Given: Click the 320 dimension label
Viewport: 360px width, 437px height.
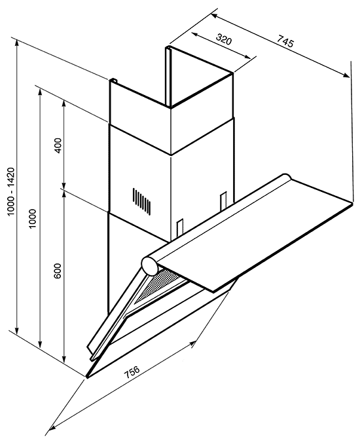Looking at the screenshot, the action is [224, 39].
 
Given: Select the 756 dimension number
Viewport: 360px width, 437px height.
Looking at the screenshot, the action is [132, 371].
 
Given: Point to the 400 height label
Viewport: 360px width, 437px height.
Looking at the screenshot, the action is [58, 145].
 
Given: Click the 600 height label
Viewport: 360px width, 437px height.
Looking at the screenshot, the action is [58, 271].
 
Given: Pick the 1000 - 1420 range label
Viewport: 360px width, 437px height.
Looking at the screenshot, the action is [10, 191].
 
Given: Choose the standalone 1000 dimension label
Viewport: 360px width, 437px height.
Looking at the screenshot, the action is [33, 219].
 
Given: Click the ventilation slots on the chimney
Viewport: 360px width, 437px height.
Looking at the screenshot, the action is [142, 201].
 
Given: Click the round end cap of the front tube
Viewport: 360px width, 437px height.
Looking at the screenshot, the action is [149, 265].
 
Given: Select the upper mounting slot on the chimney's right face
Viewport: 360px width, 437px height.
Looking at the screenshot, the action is [223, 202].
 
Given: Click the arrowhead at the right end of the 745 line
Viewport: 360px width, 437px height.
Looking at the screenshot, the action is [346, 75].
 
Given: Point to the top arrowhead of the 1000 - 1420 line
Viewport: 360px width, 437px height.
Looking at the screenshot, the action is [17, 43].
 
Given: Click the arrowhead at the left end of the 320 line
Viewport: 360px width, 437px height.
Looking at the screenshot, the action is [195, 34].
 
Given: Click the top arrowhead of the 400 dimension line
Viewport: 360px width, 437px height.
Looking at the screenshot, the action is [64, 104].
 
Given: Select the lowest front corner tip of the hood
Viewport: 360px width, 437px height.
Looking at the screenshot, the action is [86, 377].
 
